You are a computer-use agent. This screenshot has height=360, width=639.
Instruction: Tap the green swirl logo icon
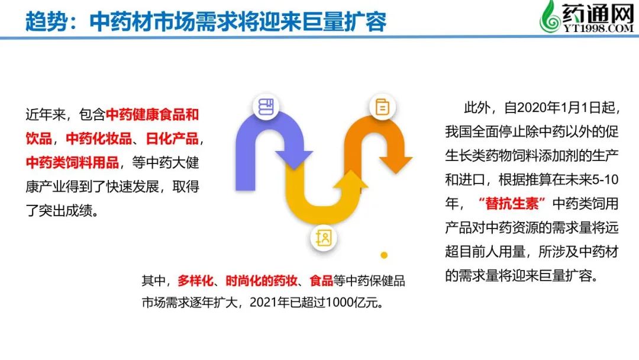tap(550, 17)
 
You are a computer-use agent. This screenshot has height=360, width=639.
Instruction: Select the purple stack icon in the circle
tap(266, 107)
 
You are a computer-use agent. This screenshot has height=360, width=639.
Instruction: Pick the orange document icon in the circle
tap(382, 107)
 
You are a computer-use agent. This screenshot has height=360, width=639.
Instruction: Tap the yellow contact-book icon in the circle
tap(324, 237)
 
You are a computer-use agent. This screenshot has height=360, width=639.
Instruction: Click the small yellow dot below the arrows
tap(384, 255)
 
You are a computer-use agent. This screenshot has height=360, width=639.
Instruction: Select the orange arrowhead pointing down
tap(396, 165)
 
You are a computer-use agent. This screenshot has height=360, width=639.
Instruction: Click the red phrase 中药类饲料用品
tap(72, 163)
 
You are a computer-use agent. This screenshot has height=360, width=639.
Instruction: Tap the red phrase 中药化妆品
tap(99, 139)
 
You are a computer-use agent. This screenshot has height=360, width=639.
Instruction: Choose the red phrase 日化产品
tap(172, 139)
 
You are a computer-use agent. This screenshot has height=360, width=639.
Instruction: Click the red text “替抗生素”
tap(512, 204)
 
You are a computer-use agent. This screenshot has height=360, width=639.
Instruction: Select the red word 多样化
tap(195, 281)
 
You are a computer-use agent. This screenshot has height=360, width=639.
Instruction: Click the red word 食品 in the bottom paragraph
tap(321, 281)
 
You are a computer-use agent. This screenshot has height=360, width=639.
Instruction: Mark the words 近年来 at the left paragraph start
tap(46, 114)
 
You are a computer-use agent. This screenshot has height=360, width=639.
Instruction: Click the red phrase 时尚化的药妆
tap(262, 281)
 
